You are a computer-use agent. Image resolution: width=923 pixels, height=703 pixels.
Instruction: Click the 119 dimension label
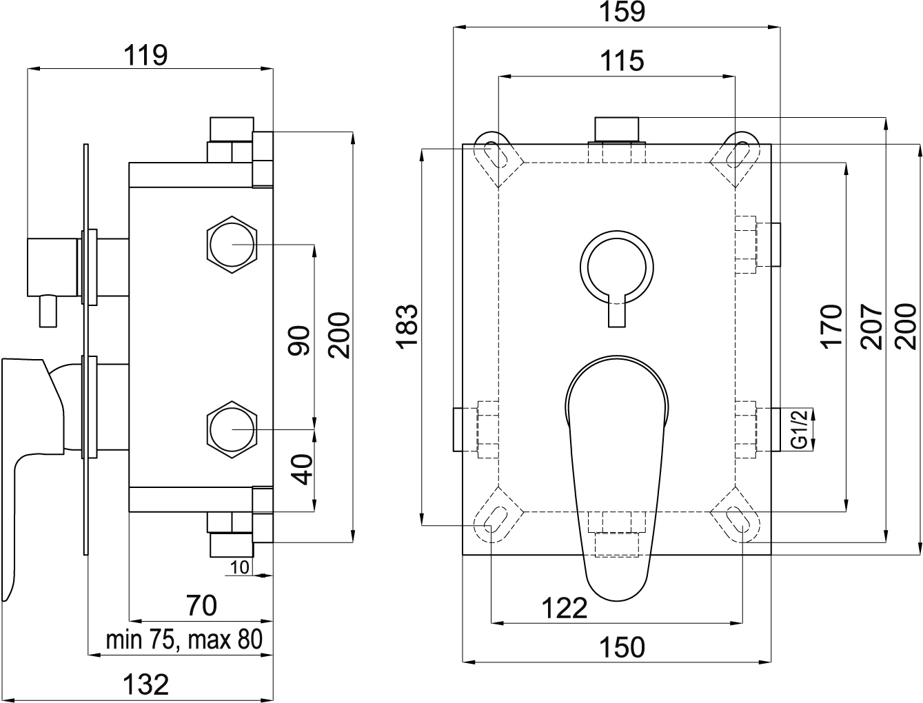point(145,55)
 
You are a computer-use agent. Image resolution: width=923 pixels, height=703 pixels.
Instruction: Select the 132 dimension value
point(146,684)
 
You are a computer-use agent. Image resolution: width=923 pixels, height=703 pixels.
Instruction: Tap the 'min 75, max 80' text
point(184,640)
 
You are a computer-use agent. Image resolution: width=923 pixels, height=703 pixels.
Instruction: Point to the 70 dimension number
point(202,605)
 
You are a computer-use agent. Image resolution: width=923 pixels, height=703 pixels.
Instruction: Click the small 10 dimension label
point(240,567)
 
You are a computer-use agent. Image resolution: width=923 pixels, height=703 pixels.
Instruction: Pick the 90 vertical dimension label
point(299,340)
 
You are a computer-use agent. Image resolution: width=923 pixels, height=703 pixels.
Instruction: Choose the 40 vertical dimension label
point(302,469)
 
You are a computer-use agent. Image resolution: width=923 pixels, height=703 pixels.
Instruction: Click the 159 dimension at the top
point(622,12)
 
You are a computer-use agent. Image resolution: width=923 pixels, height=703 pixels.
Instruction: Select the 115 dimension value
point(622,61)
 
